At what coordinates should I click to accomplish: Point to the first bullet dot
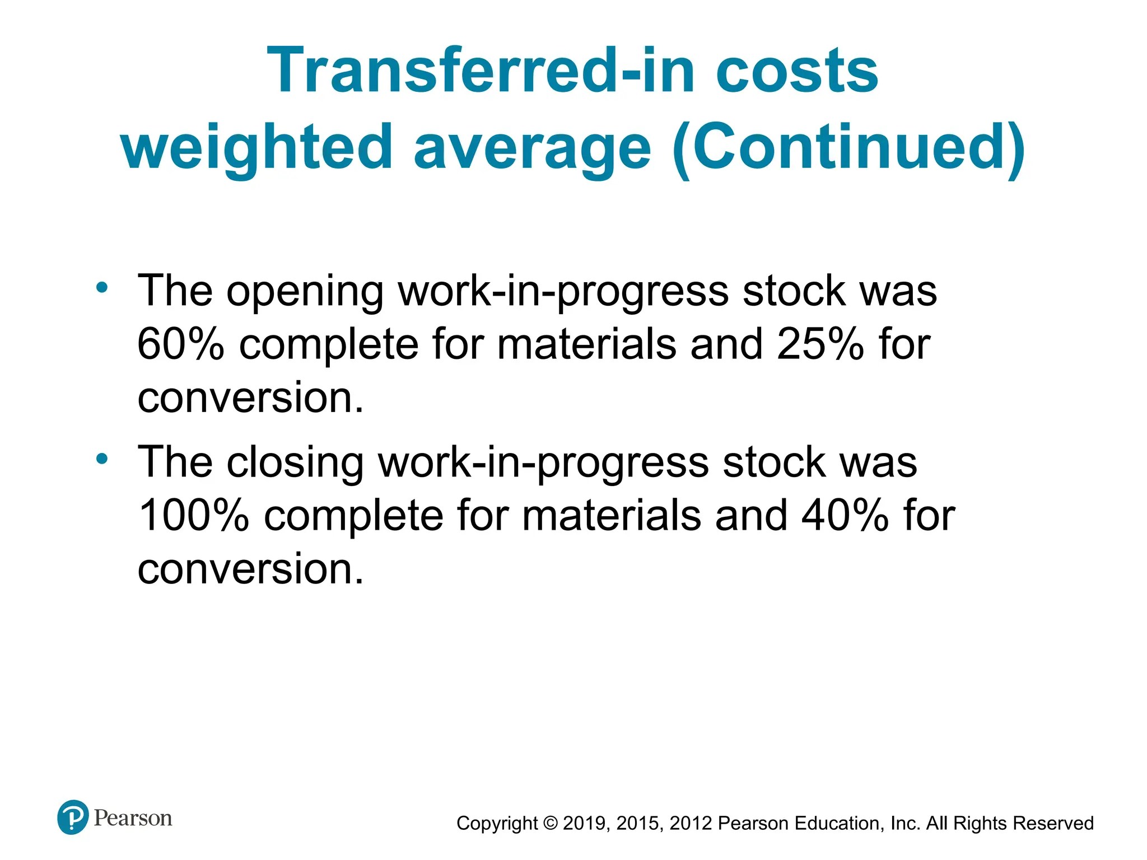(x=101, y=288)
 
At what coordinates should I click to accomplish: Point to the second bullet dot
(x=101, y=459)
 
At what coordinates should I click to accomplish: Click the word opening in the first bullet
(x=305, y=291)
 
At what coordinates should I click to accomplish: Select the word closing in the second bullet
(x=295, y=462)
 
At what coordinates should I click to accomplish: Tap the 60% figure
(x=181, y=344)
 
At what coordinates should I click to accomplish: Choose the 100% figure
(x=193, y=515)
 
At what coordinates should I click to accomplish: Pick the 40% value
(x=845, y=515)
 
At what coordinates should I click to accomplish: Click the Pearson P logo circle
(x=73, y=817)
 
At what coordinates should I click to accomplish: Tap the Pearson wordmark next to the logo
(x=133, y=818)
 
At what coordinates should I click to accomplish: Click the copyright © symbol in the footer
(x=551, y=823)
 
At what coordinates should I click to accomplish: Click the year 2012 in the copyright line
(x=691, y=823)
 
